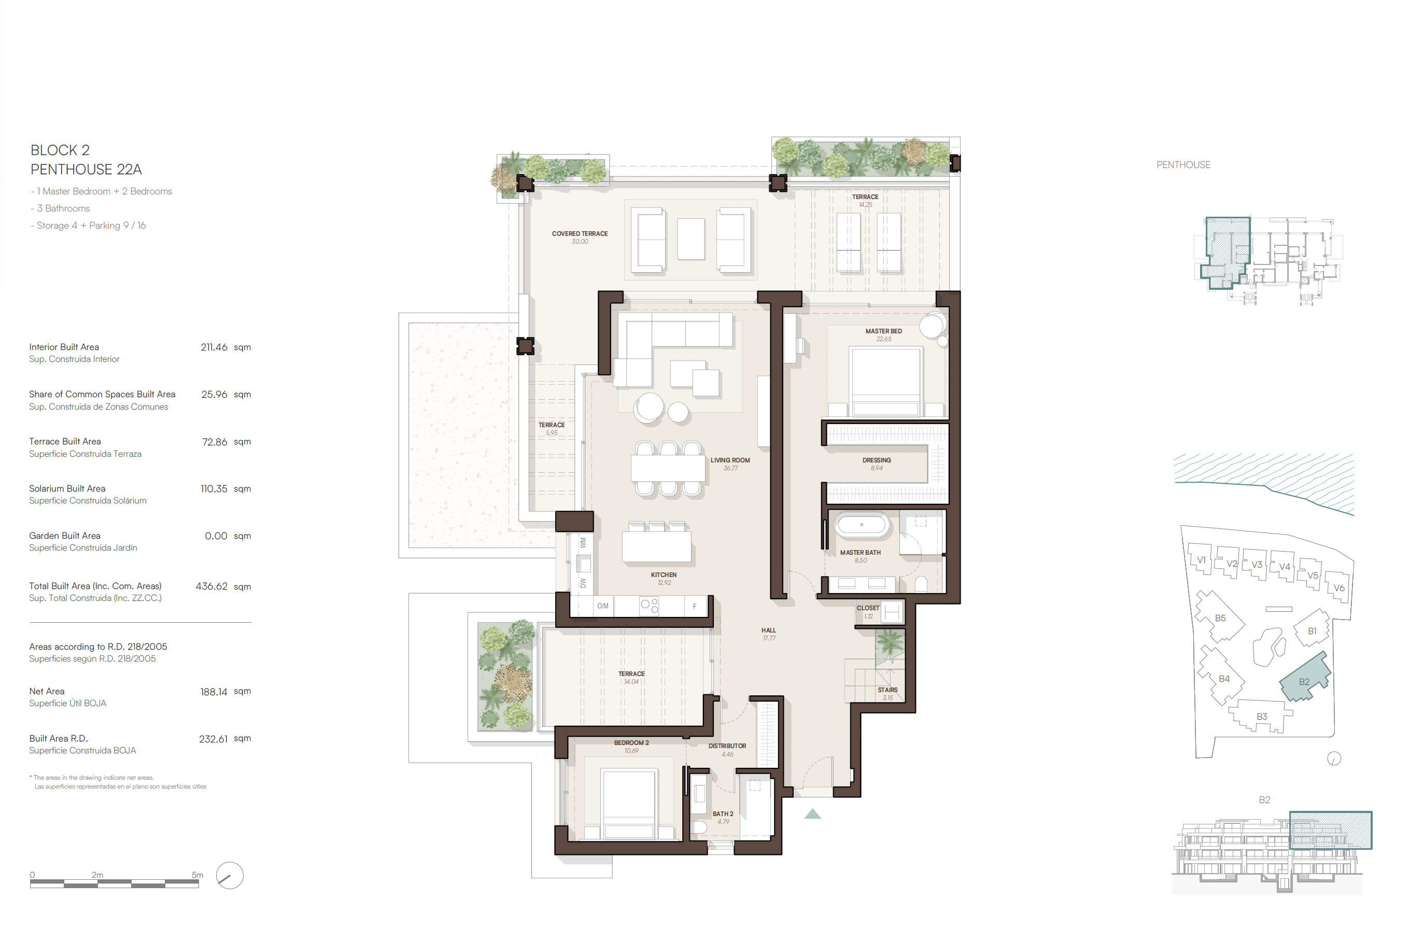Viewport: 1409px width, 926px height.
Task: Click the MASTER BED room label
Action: [883, 331]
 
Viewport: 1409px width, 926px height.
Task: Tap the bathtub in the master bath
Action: [862, 525]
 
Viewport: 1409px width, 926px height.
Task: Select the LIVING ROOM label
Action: [730, 460]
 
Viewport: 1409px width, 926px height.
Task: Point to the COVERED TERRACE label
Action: [580, 234]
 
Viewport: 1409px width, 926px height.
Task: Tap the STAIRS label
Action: [887, 690]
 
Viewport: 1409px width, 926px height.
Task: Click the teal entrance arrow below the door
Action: [812, 814]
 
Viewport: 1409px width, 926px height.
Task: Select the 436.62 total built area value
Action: [212, 586]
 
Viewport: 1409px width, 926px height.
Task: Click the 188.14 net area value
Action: [214, 692]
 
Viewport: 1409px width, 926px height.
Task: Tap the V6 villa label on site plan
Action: [1338, 588]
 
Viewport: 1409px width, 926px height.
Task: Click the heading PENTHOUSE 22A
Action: [86, 170]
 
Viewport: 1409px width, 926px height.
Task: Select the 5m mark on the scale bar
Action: [198, 875]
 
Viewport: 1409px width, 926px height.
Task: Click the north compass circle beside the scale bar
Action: [230, 875]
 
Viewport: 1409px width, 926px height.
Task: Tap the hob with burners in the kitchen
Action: [650, 606]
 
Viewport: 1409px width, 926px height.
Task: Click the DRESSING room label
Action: [876, 460]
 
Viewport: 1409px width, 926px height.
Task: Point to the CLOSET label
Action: [868, 608]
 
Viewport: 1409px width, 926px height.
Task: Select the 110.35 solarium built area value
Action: [214, 488]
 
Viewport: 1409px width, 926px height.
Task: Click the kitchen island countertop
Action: [656, 546]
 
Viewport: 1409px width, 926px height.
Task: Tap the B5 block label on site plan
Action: [1220, 618]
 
